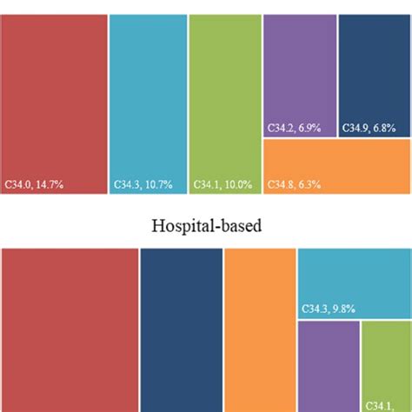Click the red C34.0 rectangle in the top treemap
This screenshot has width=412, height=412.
tap(54, 96)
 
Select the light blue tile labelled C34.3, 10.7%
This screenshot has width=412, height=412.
tap(148, 96)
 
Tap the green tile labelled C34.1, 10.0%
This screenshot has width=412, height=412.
tap(223, 96)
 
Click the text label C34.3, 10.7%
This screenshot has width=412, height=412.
tap(143, 184)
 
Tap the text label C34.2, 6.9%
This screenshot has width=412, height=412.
tap(295, 128)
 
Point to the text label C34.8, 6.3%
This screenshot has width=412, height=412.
tap(295, 184)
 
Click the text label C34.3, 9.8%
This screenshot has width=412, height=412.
tap(329, 309)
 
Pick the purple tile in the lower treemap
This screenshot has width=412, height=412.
tap(327, 365)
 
